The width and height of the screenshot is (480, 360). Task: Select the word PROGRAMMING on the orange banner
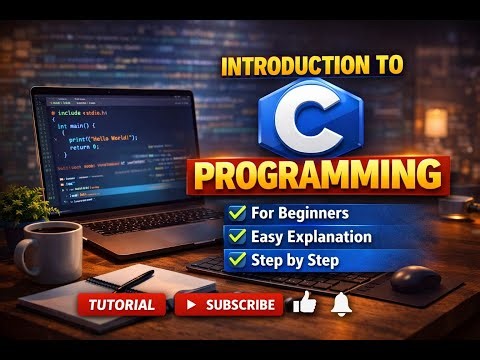coord(316,176)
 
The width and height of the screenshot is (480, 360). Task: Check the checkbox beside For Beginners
coord(238,213)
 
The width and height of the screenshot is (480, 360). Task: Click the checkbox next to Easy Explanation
coord(238,237)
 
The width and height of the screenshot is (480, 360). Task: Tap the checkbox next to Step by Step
coord(238,261)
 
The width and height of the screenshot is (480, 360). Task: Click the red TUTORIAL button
coord(121,305)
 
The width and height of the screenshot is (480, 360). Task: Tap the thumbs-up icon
coord(305,303)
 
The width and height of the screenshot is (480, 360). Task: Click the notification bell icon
coord(342,303)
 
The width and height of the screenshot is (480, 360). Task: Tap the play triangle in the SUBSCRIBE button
coord(191,305)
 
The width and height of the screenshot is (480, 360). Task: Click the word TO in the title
coord(387,67)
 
